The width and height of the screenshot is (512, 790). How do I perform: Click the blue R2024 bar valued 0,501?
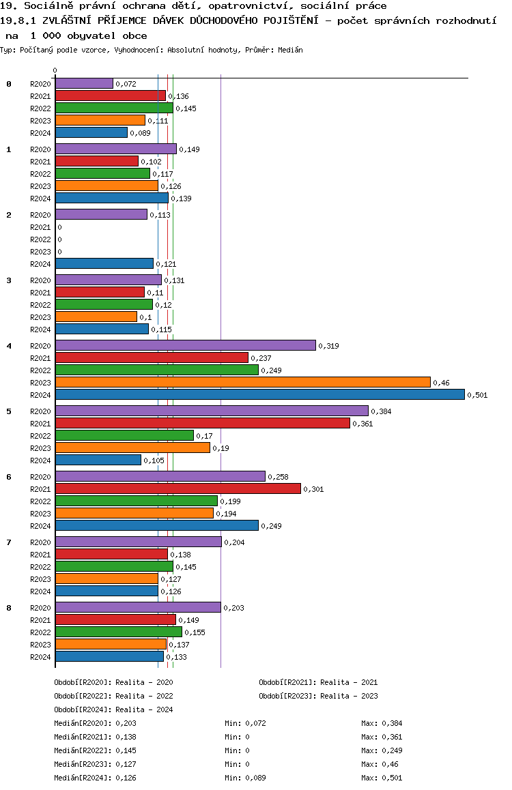click(259, 395)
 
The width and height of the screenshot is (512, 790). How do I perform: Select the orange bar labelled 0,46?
click(242, 383)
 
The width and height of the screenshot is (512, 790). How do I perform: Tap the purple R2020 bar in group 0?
click(84, 84)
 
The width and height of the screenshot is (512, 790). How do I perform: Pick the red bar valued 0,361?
click(202, 424)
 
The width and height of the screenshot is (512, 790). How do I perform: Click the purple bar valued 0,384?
click(212, 411)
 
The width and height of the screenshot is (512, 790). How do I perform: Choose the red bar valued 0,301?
click(177, 489)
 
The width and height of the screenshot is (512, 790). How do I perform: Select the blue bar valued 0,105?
click(98, 460)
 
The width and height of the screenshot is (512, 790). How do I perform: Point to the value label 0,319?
click(329, 346)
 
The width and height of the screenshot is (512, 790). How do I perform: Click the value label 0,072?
click(126, 84)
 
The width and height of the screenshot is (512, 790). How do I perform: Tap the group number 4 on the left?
click(9, 346)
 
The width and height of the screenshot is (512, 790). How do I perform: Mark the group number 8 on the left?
click(9, 608)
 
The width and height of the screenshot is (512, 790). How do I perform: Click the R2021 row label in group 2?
click(40, 227)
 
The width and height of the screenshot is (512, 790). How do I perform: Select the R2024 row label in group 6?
click(40, 526)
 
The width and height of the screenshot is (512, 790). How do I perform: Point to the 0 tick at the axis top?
click(55, 71)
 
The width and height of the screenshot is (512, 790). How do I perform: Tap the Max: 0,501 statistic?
click(382, 778)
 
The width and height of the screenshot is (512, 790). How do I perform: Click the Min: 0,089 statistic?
click(245, 778)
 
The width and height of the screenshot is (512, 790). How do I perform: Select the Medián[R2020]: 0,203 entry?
click(95, 723)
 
